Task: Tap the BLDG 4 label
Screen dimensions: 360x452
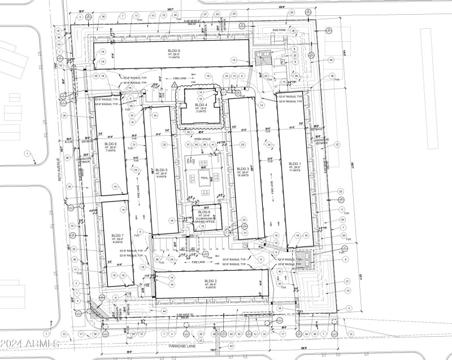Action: coord(201,105)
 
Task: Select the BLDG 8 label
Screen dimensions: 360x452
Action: coord(110,144)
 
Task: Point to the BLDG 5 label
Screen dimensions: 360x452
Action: coord(161,170)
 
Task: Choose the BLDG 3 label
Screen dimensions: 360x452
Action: coord(243,169)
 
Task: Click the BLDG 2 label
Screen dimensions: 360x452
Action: coord(210,281)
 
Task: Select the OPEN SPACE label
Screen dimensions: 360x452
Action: coord(202,138)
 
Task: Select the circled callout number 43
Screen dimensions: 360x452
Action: coord(231,346)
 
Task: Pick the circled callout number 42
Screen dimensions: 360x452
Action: coord(279,271)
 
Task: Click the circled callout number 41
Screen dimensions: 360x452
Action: coord(213,145)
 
